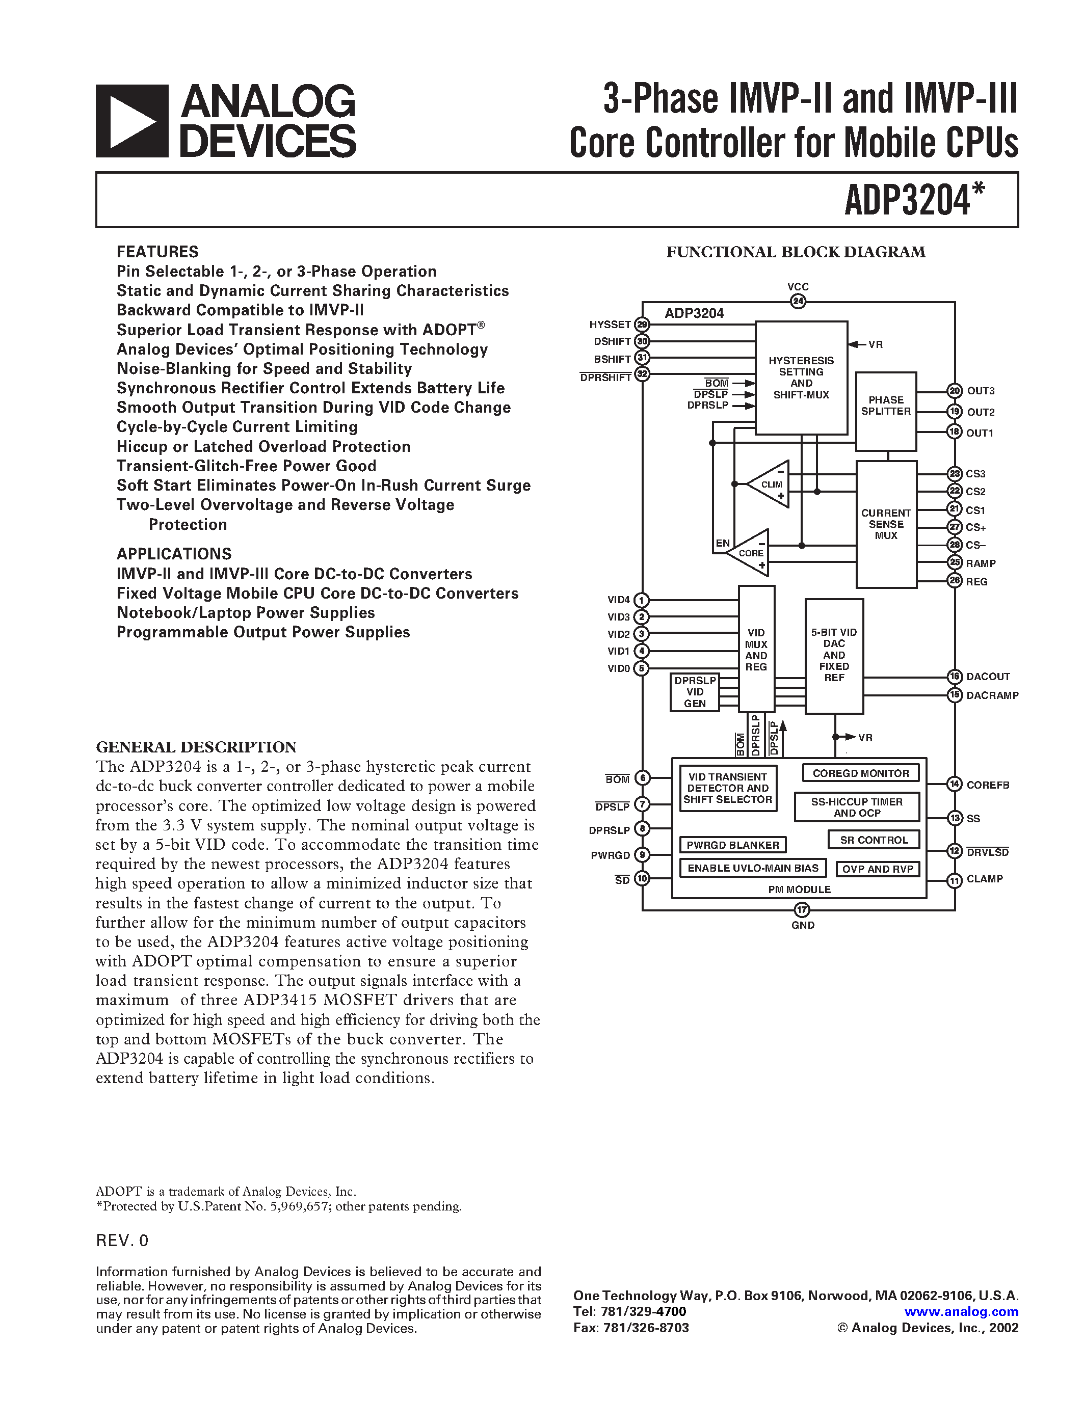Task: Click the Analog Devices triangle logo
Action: point(132,121)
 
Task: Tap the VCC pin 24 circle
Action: point(798,301)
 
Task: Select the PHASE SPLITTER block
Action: point(885,411)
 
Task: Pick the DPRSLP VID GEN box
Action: point(695,692)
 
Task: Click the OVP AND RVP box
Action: point(877,869)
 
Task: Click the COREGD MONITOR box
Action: point(860,773)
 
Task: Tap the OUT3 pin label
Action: point(981,391)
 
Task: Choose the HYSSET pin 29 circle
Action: point(642,325)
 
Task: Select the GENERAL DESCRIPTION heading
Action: point(196,747)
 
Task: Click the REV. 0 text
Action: point(122,1240)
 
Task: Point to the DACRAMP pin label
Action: point(992,695)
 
